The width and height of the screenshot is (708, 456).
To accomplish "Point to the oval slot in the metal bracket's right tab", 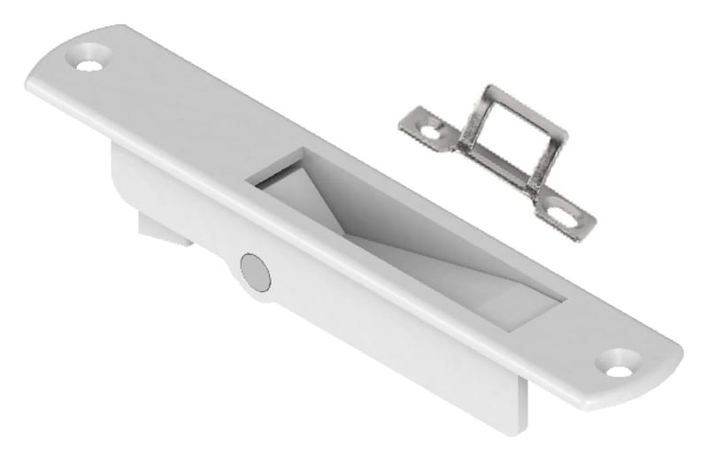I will click(563, 213).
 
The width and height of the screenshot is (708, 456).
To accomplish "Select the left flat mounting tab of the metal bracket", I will click(425, 128).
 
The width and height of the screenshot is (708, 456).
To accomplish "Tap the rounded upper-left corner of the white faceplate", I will click(44, 66).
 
